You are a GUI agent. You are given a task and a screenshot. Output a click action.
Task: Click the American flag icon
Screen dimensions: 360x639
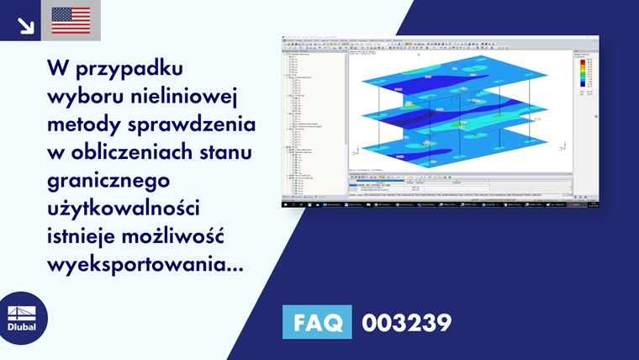pos(71,20)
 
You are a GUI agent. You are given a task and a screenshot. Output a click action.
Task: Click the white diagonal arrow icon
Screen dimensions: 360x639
pos(25,24)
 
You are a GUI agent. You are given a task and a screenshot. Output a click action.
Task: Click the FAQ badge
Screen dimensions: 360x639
pos(318,322)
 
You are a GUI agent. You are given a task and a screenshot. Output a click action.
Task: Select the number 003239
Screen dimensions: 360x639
pos(406,322)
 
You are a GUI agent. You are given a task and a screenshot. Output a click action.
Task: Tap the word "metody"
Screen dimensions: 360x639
pos(82,124)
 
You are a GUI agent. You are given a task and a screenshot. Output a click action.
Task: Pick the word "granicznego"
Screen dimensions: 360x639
pos(109,183)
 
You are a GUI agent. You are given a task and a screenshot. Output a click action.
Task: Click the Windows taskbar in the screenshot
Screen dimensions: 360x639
pos(441,204)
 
